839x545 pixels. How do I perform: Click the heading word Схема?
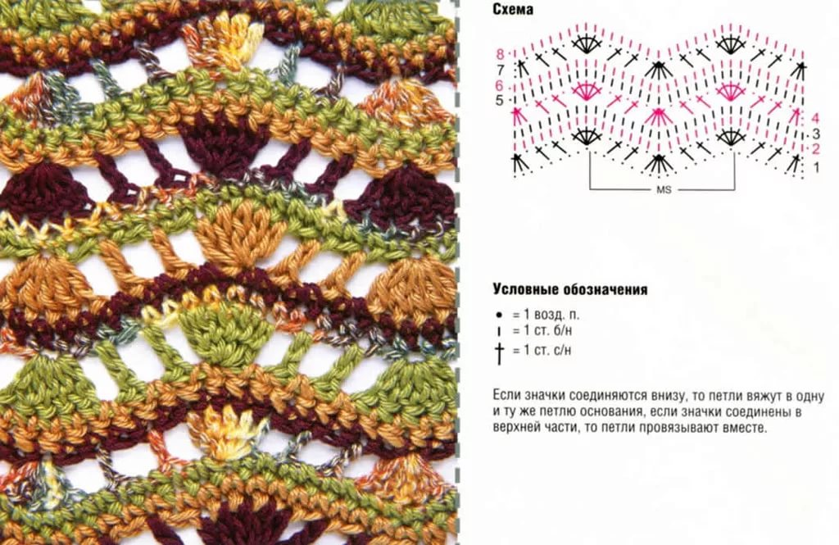click(x=513, y=10)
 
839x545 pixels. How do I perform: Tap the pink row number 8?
click(x=501, y=54)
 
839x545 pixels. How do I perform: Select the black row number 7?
click(x=501, y=70)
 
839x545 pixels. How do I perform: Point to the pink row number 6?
click(x=499, y=86)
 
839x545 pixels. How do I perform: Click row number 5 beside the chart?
click(x=499, y=100)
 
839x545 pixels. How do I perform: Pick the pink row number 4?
click(x=816, y=118)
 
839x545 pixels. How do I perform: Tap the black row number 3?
click(x=816, y=134)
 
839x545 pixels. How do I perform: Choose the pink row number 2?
click(x=816, y=149)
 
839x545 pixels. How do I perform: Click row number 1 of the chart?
click(x=816, y=167)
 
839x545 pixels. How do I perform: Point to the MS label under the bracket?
click(x=664, y=190)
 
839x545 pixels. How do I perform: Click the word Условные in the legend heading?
click(x=527, y=289)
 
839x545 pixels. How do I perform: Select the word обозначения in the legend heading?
click(x=606, y=289)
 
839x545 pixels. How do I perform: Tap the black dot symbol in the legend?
click(x=499, y=315)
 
